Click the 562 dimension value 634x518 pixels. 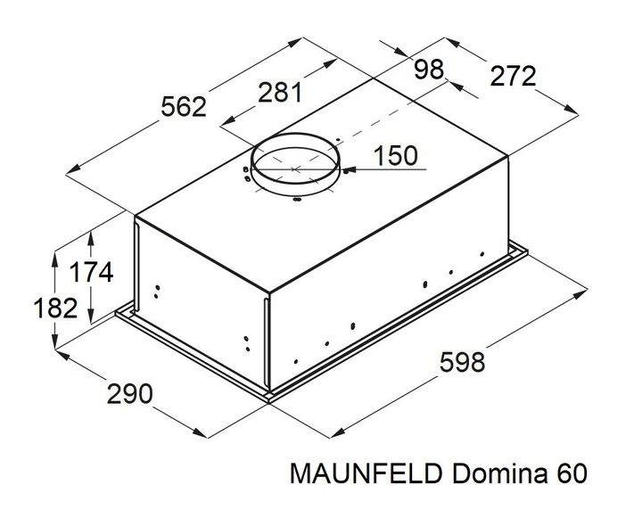(x=184, y=108)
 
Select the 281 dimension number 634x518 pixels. (x=280, y=92)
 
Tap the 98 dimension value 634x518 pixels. (x=429, y=70)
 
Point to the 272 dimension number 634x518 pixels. (x=513, y=76)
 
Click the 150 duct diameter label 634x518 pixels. (x=395, y=156)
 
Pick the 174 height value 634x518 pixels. (x=91, y=272)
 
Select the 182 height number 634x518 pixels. (x=55, y=308)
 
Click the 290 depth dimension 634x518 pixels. (x=130, y=394)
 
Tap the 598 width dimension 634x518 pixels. (x=462, y=362)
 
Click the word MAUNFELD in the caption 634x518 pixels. (x=366, y=473)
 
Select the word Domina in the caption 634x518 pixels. (x=499, y=473)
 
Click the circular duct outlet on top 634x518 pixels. (x=295, y=164)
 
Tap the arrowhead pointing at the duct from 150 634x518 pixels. (x=347, y=169)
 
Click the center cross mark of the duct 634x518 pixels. (x=295, y=169)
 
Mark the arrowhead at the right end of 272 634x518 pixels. (x=572, y=109)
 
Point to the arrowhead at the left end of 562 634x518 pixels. (x=73, y=170)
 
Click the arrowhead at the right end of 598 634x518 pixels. (x=580, y=293)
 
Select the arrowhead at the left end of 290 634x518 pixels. (x=62, y=355)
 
